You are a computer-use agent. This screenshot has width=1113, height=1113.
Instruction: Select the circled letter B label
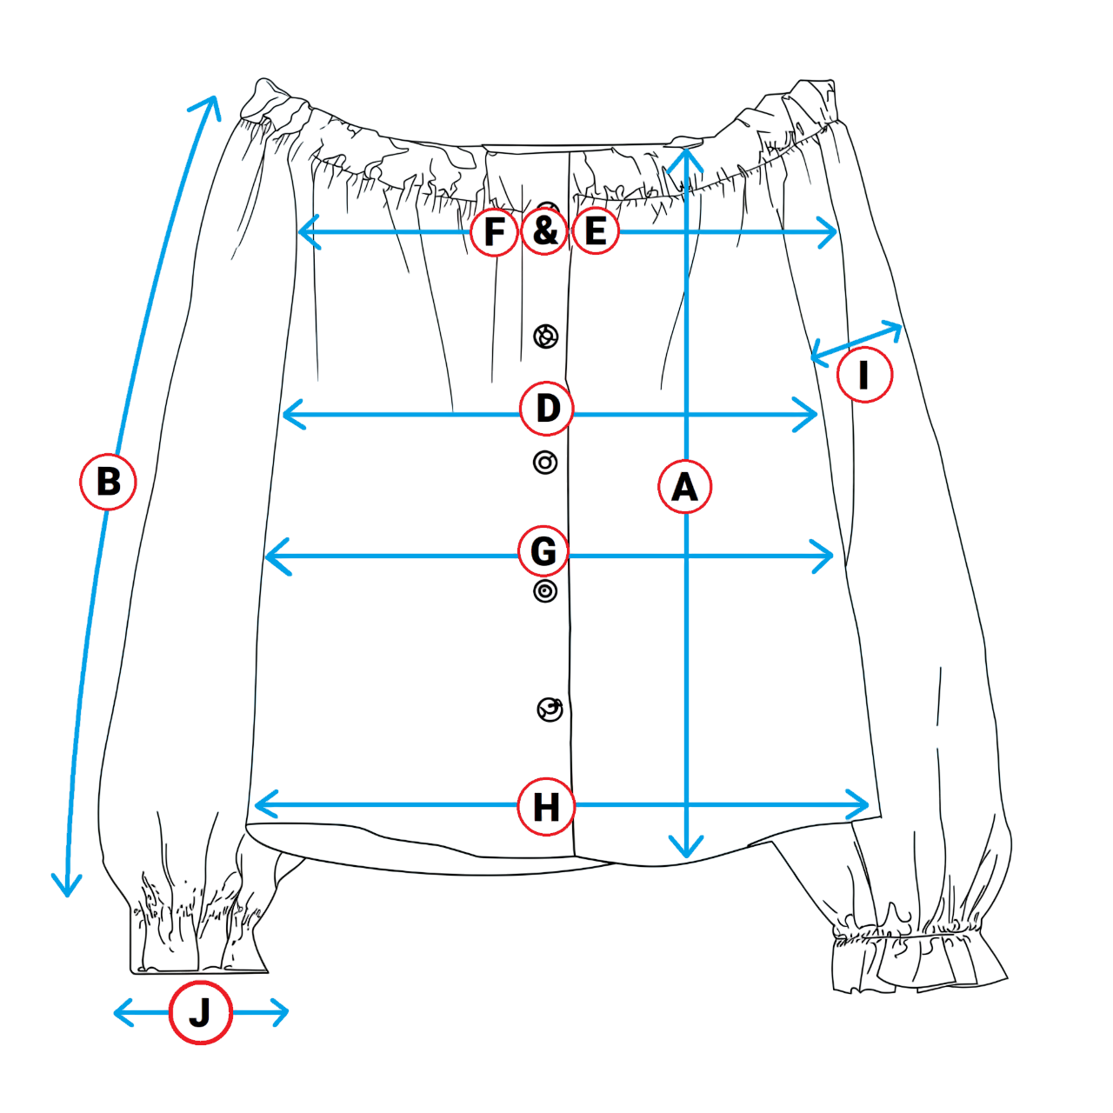[108, 481]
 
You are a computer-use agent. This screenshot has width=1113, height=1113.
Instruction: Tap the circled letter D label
[547, 408]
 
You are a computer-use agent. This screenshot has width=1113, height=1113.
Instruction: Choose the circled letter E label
[596, 231]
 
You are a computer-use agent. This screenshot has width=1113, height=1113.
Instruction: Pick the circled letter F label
[495, 232]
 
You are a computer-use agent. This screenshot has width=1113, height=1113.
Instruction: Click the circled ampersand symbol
[545, 231]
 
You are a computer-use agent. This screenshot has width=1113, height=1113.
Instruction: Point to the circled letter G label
[543, 551]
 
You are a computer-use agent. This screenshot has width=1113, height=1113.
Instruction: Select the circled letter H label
[545, 807]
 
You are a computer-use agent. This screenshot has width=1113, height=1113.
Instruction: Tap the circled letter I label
[864, 375]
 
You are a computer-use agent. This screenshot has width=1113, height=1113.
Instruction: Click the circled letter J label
[200, 1012]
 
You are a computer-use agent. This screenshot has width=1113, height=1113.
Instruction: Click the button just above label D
[545, 337]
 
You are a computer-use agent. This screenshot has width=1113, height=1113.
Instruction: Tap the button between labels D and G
[545, 463]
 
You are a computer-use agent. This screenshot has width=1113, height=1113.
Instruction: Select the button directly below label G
[545, 591]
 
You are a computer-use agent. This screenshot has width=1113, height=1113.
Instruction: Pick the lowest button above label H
[550, 710]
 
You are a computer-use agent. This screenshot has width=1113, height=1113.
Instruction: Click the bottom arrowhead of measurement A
[686, 852]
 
